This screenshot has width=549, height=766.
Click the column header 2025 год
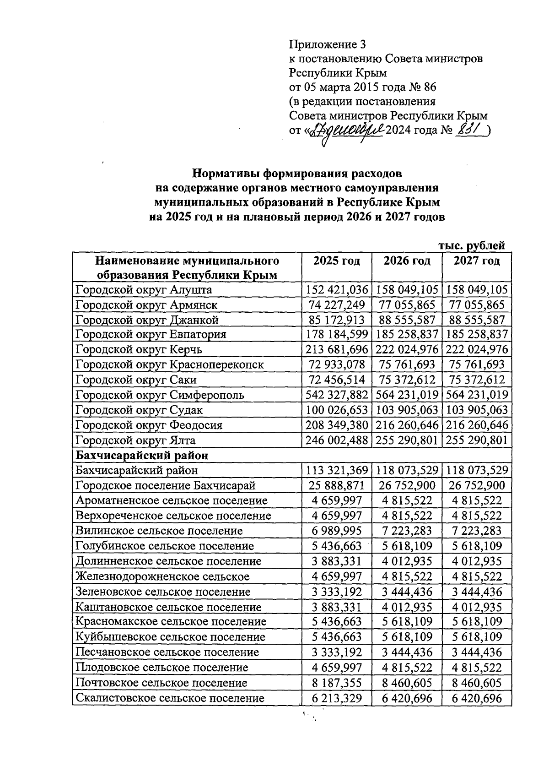[336, 261]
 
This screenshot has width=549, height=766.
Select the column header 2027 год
[476, 261]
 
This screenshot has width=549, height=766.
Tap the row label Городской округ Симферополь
[160, 395]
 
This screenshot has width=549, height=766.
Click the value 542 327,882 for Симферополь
[336, 395]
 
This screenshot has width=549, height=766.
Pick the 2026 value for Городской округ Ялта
[407, 440]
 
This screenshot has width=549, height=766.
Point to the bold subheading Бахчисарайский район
[142, 455]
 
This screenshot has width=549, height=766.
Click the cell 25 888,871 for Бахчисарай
[336, 485]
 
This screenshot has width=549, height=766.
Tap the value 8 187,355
[336, 682]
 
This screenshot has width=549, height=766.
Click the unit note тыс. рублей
[472, 245]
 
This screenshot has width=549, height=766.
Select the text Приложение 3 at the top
[328, 44]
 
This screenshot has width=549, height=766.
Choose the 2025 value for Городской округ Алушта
[336, 289]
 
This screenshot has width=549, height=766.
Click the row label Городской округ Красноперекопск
[169, 364]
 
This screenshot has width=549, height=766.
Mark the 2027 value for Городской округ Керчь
[476, 349]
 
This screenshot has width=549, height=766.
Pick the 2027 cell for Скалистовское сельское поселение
[476, 698]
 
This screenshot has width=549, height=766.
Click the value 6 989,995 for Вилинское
[336, 531]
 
